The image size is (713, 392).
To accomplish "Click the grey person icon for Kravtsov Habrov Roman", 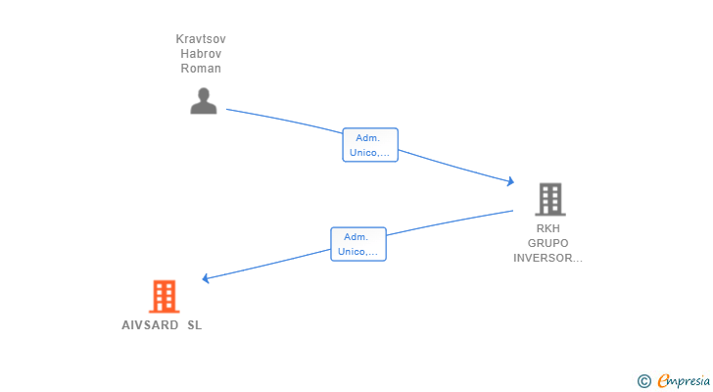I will pos(204,100).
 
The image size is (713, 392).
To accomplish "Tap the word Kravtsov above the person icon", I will pos(201,39).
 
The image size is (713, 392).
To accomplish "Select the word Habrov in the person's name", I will pos(201,54).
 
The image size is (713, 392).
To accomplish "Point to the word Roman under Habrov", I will pos(201,69).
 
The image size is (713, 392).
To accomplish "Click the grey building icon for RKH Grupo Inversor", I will pos(550,199).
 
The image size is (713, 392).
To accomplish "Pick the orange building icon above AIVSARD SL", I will pos(164,296).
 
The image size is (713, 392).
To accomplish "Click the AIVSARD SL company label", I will pos(161,325).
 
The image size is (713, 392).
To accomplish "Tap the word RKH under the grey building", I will pos(548,228).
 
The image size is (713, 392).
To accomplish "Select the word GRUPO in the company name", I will pos(548,243).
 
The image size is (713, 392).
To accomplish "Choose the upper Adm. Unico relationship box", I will pos(370,145).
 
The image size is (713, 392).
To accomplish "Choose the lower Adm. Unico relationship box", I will pos(358,244).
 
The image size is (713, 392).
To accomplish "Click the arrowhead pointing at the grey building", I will pos(509,181).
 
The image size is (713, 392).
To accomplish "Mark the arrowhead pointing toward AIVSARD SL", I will pos(207,278).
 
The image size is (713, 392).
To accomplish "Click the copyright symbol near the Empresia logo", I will pos(643,381).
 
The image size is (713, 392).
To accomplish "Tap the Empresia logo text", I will pos(683,381).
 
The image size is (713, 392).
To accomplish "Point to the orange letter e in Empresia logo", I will pos(663,381).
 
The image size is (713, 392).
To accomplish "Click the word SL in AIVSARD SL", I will pos(194,325).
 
